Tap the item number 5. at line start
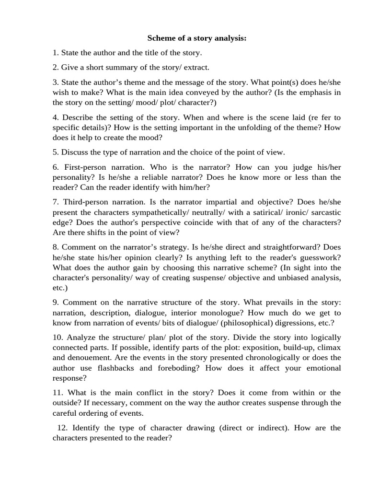coord(56,152)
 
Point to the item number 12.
coord(62,428)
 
